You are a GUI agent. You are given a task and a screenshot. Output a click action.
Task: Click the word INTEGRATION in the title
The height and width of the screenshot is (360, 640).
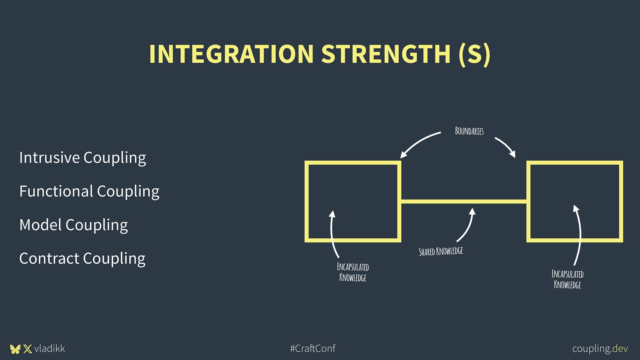coord(231,54)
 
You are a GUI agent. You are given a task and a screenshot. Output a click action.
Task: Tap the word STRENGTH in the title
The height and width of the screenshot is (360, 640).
coord(386,54)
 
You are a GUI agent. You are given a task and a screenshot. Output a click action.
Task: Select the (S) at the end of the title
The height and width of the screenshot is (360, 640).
coord(474,54)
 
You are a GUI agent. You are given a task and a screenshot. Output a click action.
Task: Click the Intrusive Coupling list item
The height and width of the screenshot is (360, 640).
coord(82,158)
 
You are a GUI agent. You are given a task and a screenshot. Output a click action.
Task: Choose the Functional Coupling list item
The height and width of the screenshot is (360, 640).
coord(89,191)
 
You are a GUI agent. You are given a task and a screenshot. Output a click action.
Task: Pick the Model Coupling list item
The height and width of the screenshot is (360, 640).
coord(73,225)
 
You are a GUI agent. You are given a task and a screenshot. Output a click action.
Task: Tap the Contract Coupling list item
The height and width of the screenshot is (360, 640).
coord(82,258)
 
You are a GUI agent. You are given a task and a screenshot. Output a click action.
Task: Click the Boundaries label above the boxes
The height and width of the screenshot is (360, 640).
coord(469,131)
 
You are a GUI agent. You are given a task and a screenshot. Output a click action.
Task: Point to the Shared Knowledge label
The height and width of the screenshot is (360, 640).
coord(441,251)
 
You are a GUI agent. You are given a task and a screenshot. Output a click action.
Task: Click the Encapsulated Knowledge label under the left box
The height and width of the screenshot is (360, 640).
coord(353,272)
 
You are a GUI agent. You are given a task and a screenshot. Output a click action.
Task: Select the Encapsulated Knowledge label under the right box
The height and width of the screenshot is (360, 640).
coord(567,279)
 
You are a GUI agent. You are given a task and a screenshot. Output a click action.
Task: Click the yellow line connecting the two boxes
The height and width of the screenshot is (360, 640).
coord(463,201)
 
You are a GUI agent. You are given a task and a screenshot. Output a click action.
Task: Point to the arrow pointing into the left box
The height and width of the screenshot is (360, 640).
coord(332,233)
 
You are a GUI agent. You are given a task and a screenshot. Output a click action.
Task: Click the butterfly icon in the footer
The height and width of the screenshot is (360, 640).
coord(15,349)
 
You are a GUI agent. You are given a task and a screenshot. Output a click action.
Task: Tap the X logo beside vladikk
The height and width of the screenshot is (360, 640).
coord(28,349)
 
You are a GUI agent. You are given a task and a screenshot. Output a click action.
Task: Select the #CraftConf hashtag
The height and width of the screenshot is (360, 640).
coord(313,349)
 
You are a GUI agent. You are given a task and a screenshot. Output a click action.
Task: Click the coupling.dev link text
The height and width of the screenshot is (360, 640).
coord(600,349)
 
